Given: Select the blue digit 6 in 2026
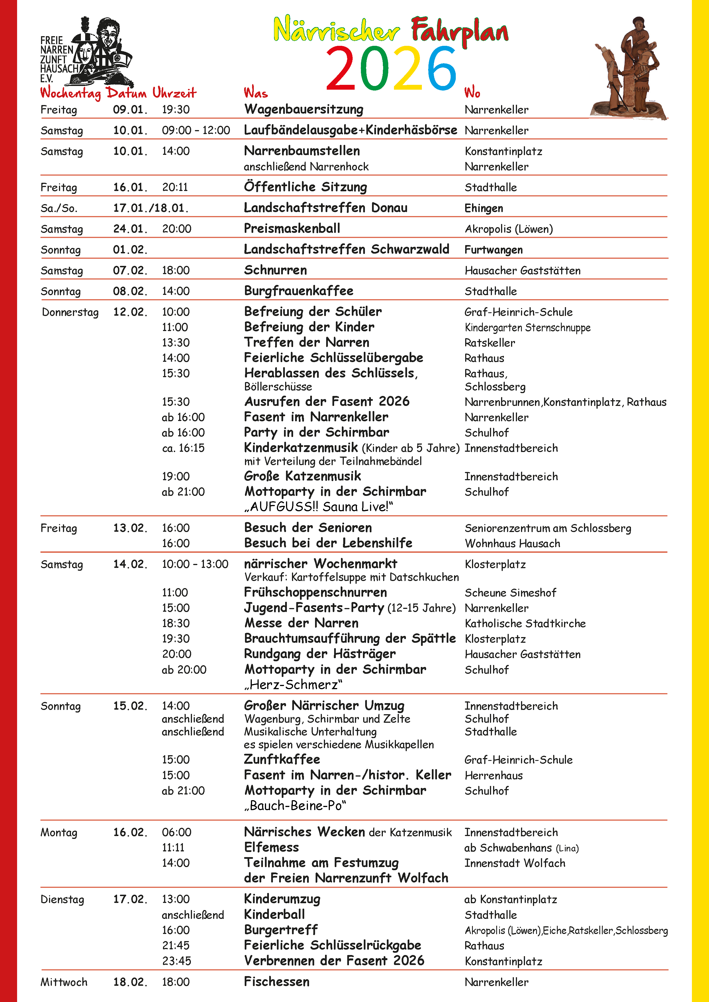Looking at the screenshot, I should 441,69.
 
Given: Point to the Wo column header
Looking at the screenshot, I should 472,93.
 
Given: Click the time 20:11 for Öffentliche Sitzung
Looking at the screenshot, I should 175,187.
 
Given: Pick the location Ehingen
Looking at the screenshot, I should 483,208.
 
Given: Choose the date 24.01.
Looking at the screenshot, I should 130,229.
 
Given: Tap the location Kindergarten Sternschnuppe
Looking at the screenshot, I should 527,328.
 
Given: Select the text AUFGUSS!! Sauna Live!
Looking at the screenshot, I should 319,507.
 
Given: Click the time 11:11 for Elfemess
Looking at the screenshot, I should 173,847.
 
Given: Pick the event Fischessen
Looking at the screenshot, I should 277,982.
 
